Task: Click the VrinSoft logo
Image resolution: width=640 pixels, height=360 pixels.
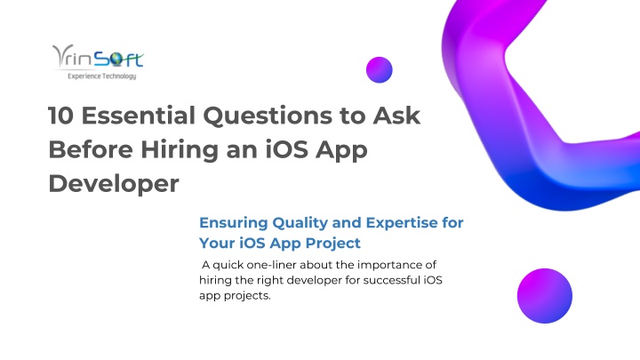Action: click(x=98, y=61)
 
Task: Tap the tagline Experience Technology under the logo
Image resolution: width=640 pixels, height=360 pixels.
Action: click(x=101, y=76)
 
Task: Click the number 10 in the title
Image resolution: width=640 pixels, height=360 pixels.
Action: click(x=60, y=116)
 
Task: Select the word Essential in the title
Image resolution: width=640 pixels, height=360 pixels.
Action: click(x=139, y=116)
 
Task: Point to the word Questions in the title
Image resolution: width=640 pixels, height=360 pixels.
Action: click(x=268, y=116)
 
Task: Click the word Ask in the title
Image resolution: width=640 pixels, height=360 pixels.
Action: click(x=396, y=116)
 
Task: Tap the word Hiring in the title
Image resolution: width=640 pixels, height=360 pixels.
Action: click(x=180, y=150)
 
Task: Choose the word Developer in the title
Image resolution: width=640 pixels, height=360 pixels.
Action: click(x=114, y=184)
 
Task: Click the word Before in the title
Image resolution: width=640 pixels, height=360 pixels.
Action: click(x=91, y=149)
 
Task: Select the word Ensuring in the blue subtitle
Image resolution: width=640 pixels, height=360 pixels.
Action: click(x=233, y=223)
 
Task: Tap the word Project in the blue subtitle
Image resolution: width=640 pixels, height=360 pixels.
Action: click(x=333, y=244)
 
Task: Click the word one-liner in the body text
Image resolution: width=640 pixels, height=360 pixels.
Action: click(x=271, y=265)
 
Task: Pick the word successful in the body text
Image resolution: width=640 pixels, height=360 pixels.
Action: click(x=391, y=280)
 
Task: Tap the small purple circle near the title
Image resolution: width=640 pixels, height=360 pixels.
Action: click(x=380, y=70)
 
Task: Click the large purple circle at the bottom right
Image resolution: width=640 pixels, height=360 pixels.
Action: click(x=545, y=296)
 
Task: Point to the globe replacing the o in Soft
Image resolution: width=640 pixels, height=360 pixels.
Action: click(x=116, y=60)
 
